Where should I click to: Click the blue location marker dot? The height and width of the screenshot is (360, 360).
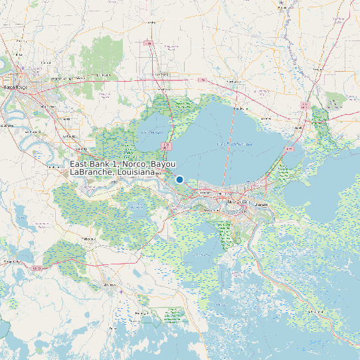coord(179,179)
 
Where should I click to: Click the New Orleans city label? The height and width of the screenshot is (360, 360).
coord(237,201)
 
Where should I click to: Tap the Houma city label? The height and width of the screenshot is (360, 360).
coord(108,286)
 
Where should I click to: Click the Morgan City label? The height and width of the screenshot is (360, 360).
coord(11,262)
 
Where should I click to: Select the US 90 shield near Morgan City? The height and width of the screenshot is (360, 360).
coord(38,268)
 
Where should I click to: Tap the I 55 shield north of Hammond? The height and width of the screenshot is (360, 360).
coord(150,43)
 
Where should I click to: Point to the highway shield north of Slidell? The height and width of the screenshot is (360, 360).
coord(304,105)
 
